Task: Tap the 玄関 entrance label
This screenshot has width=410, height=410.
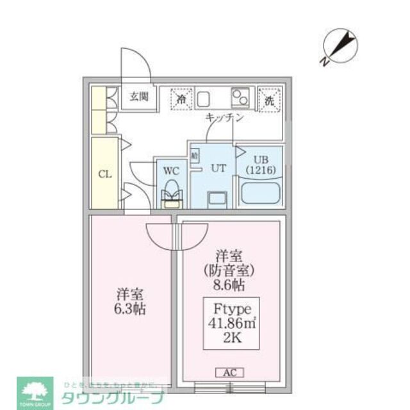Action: (139, 97)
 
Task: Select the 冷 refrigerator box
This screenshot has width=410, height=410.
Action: (182, 99)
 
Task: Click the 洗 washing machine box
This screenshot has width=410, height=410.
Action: (269, 99)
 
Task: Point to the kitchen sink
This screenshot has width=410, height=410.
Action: (204, 99)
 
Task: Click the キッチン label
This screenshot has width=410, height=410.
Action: (224, 118)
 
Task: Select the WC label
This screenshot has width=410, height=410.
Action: (170, 171)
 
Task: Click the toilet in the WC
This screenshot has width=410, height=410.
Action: (170, 192)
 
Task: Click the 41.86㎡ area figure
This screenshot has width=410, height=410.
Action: (231, 323)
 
